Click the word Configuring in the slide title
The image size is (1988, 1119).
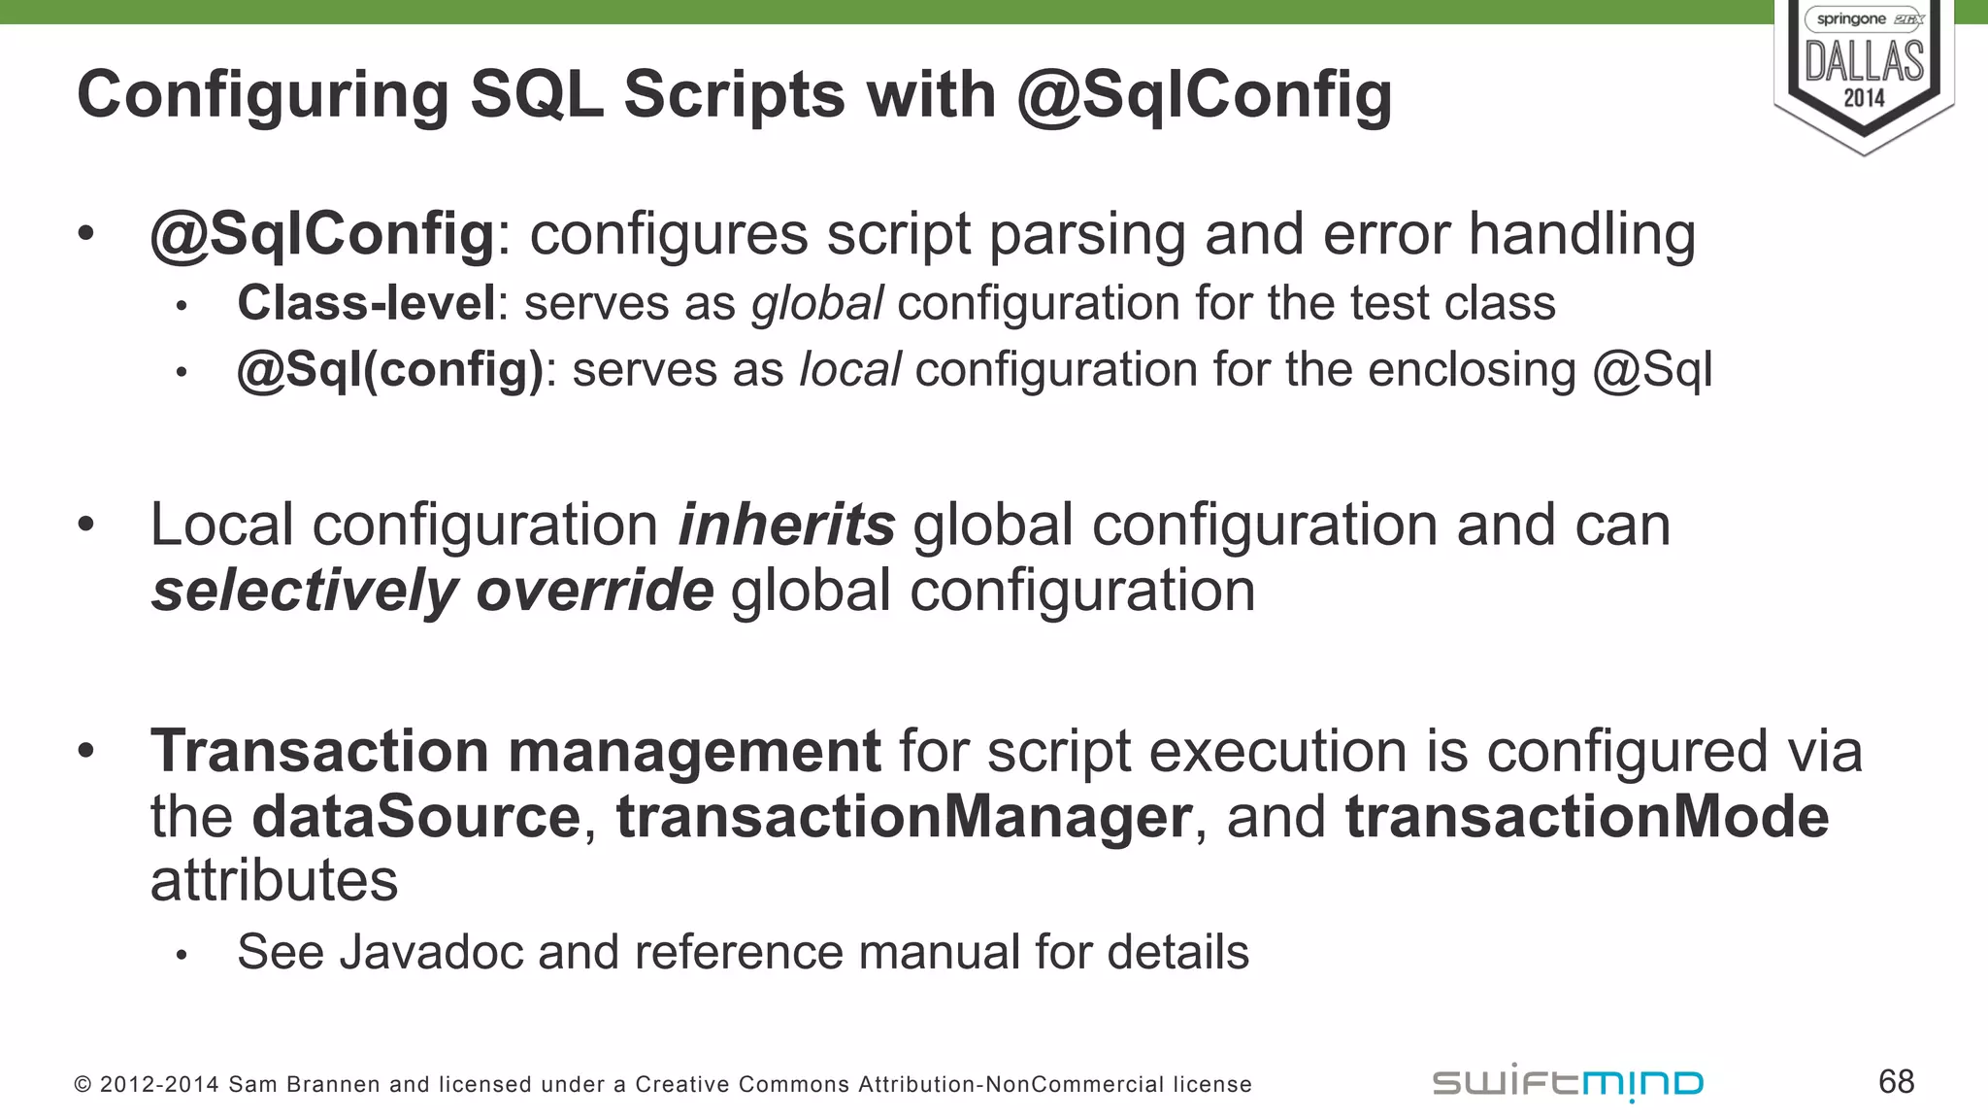click(x=263, y=96)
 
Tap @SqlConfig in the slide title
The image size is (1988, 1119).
click(x=1205, y=96)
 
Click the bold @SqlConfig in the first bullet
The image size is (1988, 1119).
click(x=322, y=236)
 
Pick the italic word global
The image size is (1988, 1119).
click(x=817, y=303)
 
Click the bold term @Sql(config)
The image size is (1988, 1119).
click(x=390, y=370)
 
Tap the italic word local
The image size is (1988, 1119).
click(x=849, y=370)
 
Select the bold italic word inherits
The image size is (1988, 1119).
click(x=786, y=526)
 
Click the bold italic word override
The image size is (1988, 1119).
click(x=595, y=591)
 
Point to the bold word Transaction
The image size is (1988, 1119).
click(x=319, y=752)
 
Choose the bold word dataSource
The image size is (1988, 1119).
click(x=415, y=817)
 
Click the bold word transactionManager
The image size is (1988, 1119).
click(x=904, y=817)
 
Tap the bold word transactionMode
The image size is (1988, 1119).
click(x=1587, y=817)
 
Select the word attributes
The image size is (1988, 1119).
click(x=274, y=881)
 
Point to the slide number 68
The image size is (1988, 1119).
click(x=1896, y=1082)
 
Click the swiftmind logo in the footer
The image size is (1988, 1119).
click(x=1568, y=1083)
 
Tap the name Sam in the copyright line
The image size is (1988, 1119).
click(x=247, y=1085)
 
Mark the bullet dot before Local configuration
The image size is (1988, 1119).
click(x=86, y=525)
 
